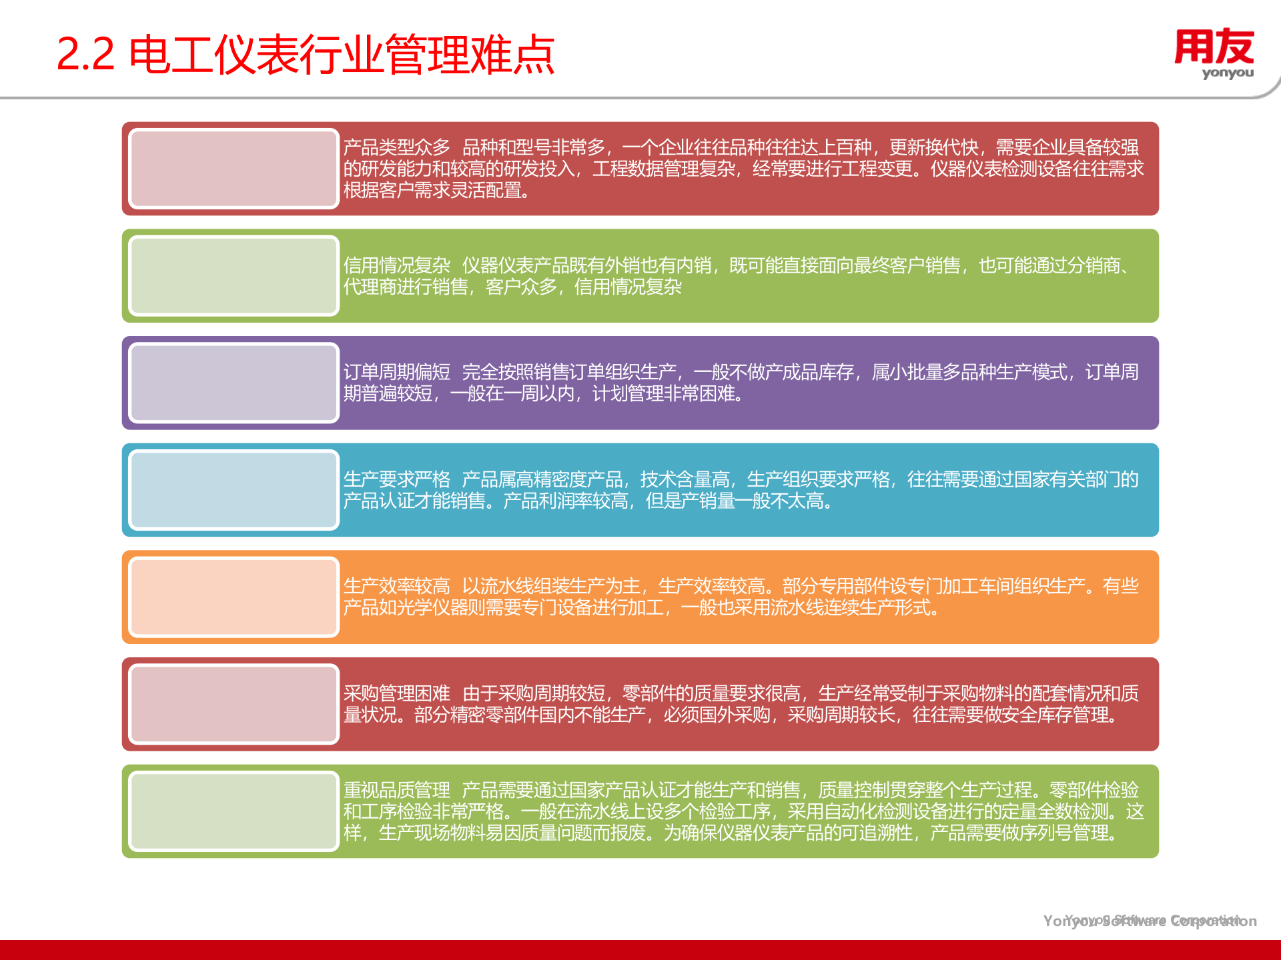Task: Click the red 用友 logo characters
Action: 1214,47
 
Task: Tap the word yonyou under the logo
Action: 1228,73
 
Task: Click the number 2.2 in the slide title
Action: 85,54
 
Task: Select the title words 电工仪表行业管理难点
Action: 342,54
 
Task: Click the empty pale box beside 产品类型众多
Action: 234,169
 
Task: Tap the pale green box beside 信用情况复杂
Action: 234,276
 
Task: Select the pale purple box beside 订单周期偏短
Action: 234,383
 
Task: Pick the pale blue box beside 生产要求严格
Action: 234,490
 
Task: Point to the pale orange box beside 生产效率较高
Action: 234,597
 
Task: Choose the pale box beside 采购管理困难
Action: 234,704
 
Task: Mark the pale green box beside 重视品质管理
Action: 234,811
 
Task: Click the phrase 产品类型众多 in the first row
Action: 397,147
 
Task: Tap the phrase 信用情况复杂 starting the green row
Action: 397,265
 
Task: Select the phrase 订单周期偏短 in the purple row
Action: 397,372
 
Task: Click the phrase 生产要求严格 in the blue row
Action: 397,479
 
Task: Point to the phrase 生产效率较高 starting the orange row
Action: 397,586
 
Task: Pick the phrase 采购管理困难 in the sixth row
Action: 397,693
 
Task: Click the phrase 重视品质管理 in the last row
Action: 397,790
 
